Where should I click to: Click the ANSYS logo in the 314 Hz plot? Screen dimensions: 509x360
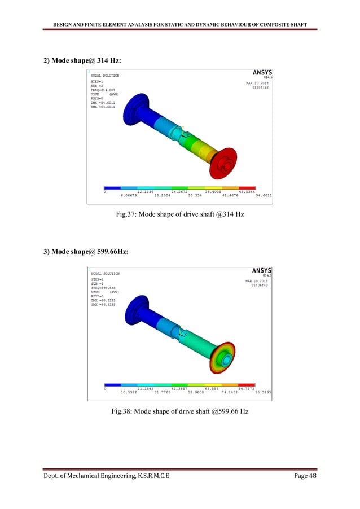(261, 72)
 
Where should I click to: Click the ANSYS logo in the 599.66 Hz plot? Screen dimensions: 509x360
(261, 270)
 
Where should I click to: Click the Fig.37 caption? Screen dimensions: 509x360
(179, 215)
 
